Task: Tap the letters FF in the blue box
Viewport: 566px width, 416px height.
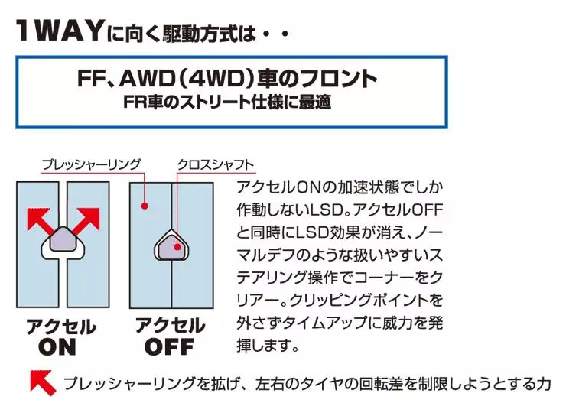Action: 93,79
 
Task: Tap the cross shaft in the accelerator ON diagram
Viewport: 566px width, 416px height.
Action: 64,243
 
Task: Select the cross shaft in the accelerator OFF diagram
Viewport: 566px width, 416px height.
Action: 171,246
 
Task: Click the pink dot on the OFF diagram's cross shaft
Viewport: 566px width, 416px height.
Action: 177,247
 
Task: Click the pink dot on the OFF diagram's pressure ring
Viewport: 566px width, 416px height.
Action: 143,205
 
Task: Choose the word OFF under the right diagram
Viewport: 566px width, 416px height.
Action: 169,347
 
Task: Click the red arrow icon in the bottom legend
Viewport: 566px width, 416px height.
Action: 43,382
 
